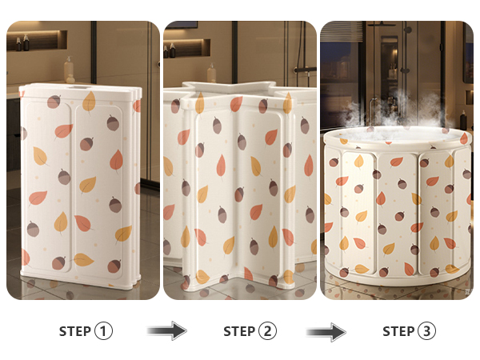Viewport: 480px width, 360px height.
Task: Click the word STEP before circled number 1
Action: point(74,331)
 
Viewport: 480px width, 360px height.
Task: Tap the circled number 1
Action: point(103,331)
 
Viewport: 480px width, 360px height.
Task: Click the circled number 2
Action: point(267,331)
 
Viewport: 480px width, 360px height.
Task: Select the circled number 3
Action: point(426,331)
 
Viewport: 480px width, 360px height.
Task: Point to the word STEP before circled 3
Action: point(398,331)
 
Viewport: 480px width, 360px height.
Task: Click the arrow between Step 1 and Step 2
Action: point(167,330)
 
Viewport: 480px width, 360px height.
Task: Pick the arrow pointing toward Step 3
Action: point(326,331)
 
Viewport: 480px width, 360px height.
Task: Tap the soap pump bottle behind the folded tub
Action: point(69,70)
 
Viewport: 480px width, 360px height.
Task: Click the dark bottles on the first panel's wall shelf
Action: point(22,43)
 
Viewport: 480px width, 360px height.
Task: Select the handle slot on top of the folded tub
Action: point(80,88)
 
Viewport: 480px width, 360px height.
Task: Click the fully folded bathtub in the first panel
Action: point(80,186)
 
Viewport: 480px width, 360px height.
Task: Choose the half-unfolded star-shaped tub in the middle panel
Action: point(240,186)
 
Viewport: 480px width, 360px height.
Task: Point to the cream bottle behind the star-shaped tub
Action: point(211,74)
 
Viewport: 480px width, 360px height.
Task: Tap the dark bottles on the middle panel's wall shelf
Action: point(169,50)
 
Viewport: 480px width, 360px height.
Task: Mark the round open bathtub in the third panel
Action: point(397,206)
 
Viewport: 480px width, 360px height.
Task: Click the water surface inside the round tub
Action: point(397,134)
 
